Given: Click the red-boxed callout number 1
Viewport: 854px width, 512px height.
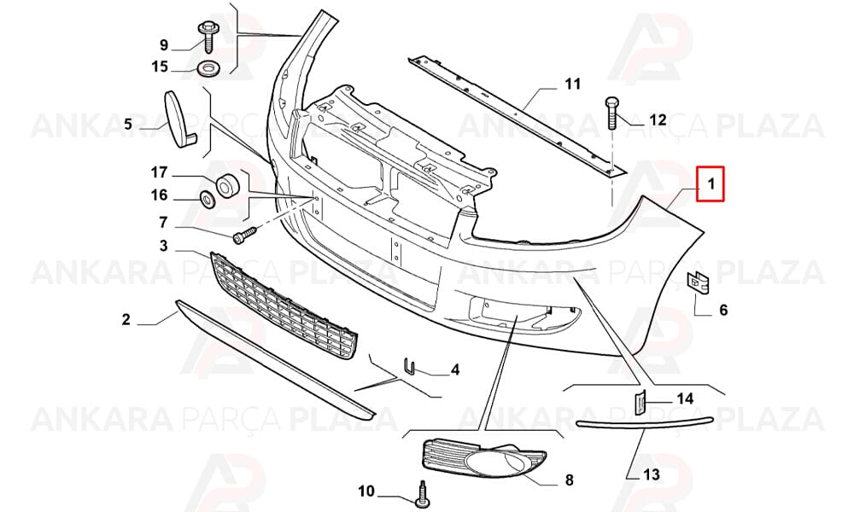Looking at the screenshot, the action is click(x=711, y=184).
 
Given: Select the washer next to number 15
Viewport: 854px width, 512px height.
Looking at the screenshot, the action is click(x=207, y=69).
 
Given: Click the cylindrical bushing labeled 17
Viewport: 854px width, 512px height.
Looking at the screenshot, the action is click(x=228, y=185).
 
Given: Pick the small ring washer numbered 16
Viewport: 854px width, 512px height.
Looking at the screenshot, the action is click(x=208, y=200).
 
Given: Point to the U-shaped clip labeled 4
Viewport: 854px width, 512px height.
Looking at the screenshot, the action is click(x=409, y=366).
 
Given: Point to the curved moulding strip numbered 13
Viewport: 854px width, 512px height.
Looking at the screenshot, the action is click(x=644, y=422).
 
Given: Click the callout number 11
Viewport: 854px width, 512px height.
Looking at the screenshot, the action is click(x=572, y=84).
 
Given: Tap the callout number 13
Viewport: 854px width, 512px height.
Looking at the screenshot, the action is click(x=652, y=474).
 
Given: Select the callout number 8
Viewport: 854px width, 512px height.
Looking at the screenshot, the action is click(x=569, y=480).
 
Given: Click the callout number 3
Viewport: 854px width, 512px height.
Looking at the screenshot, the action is click(x=163, y=246).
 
